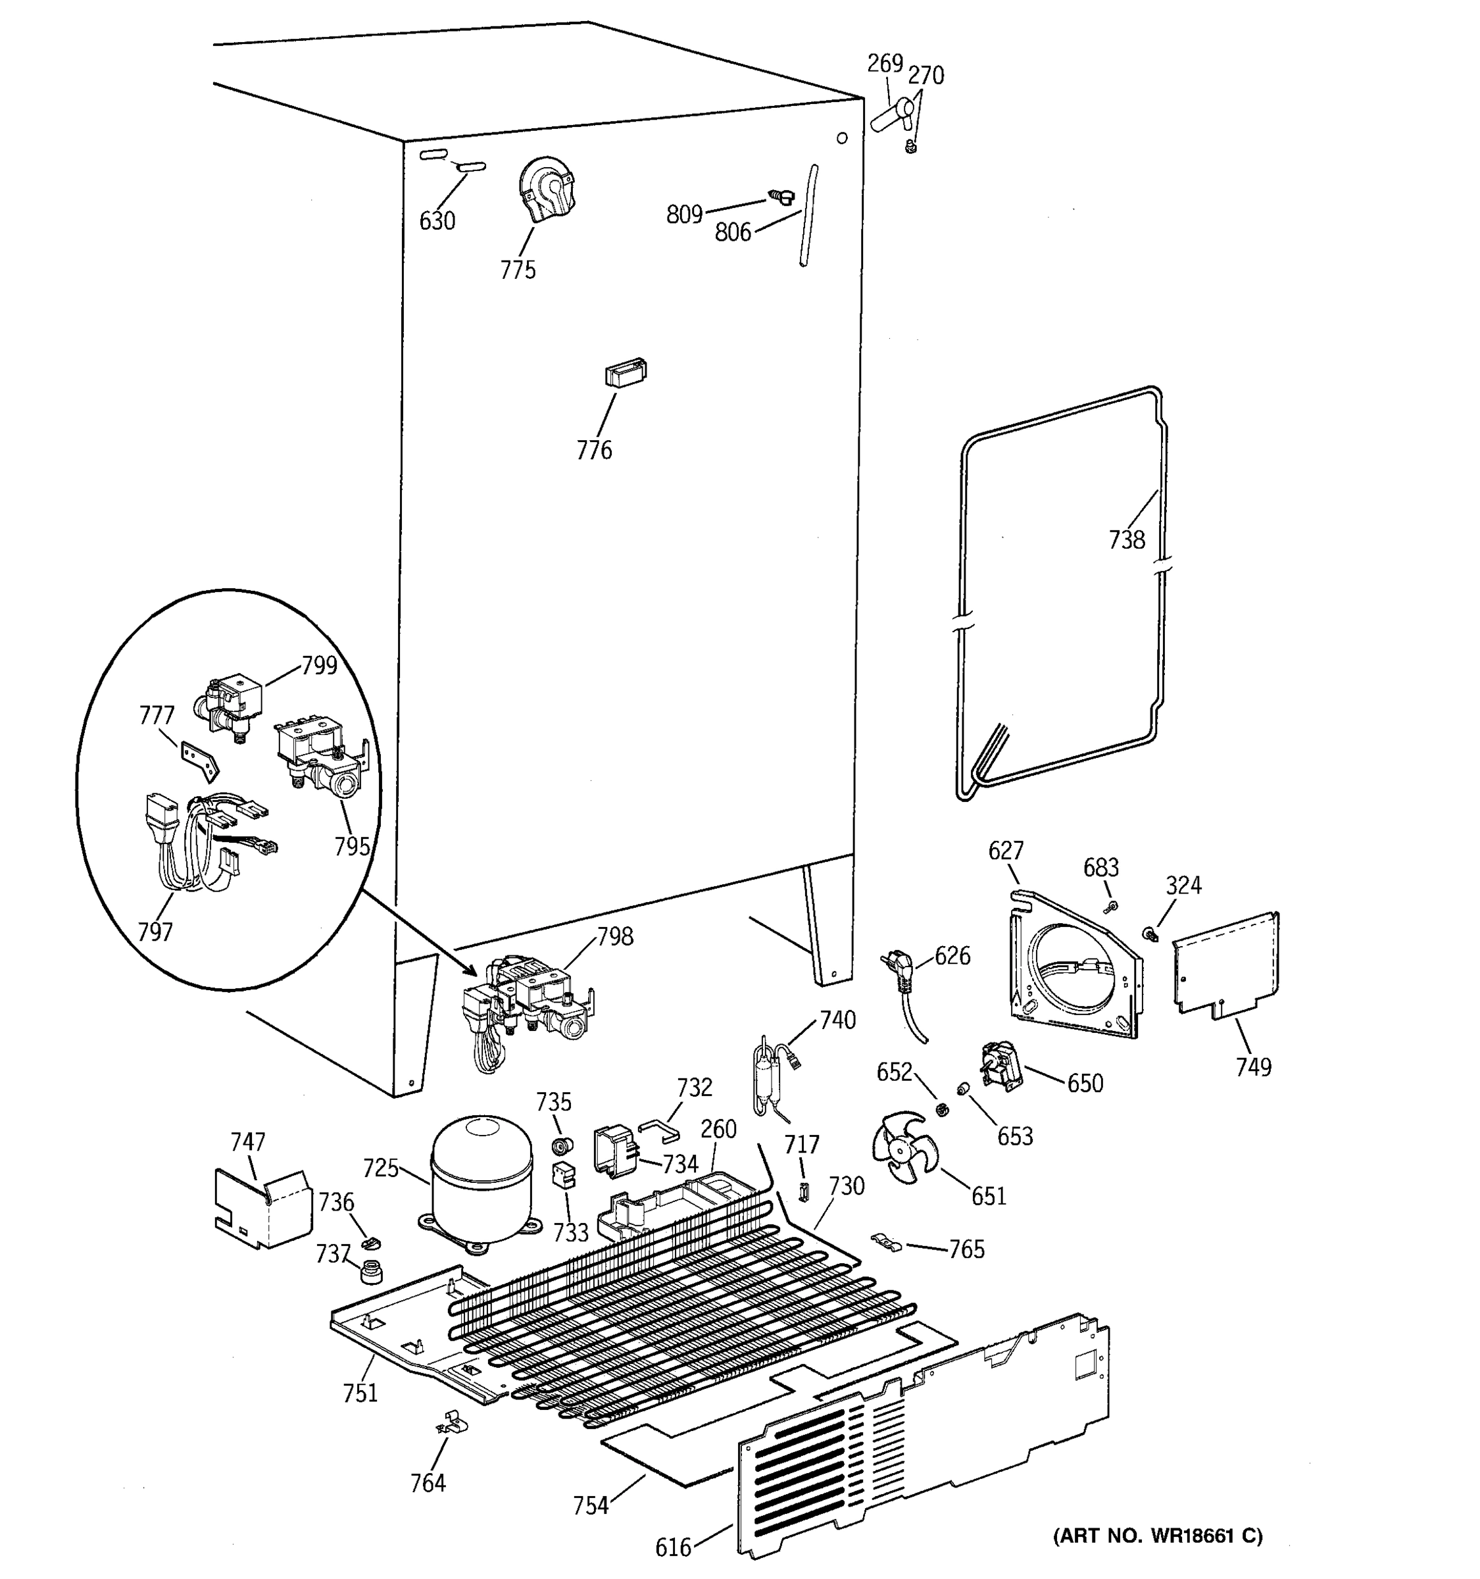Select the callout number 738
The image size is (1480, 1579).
click(1127, 540)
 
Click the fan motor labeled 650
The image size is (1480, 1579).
click(1000, 1063)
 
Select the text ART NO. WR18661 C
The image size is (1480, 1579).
click(1158, 1536)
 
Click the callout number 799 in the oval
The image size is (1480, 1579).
click(319, 666)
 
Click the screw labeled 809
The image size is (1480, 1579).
click(781, 196)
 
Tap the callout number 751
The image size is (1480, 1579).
click(360, 1415)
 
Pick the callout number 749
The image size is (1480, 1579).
click(1253, 1066)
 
